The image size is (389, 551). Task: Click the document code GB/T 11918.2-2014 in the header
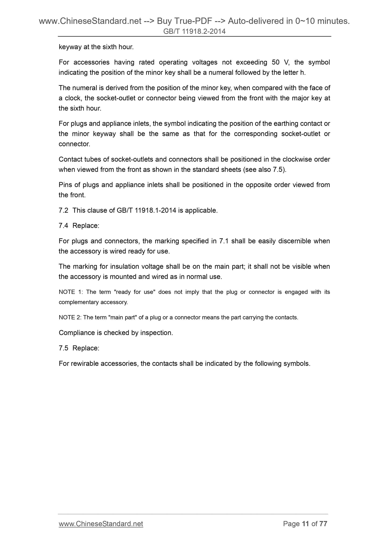(194, 32)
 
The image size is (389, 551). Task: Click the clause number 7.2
(63, 210)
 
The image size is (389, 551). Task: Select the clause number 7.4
(63, 226)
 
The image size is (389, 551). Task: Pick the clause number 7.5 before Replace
(63, 348)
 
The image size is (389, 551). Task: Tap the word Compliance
(76, 333)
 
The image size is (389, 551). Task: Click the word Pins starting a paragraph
(65, 185)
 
